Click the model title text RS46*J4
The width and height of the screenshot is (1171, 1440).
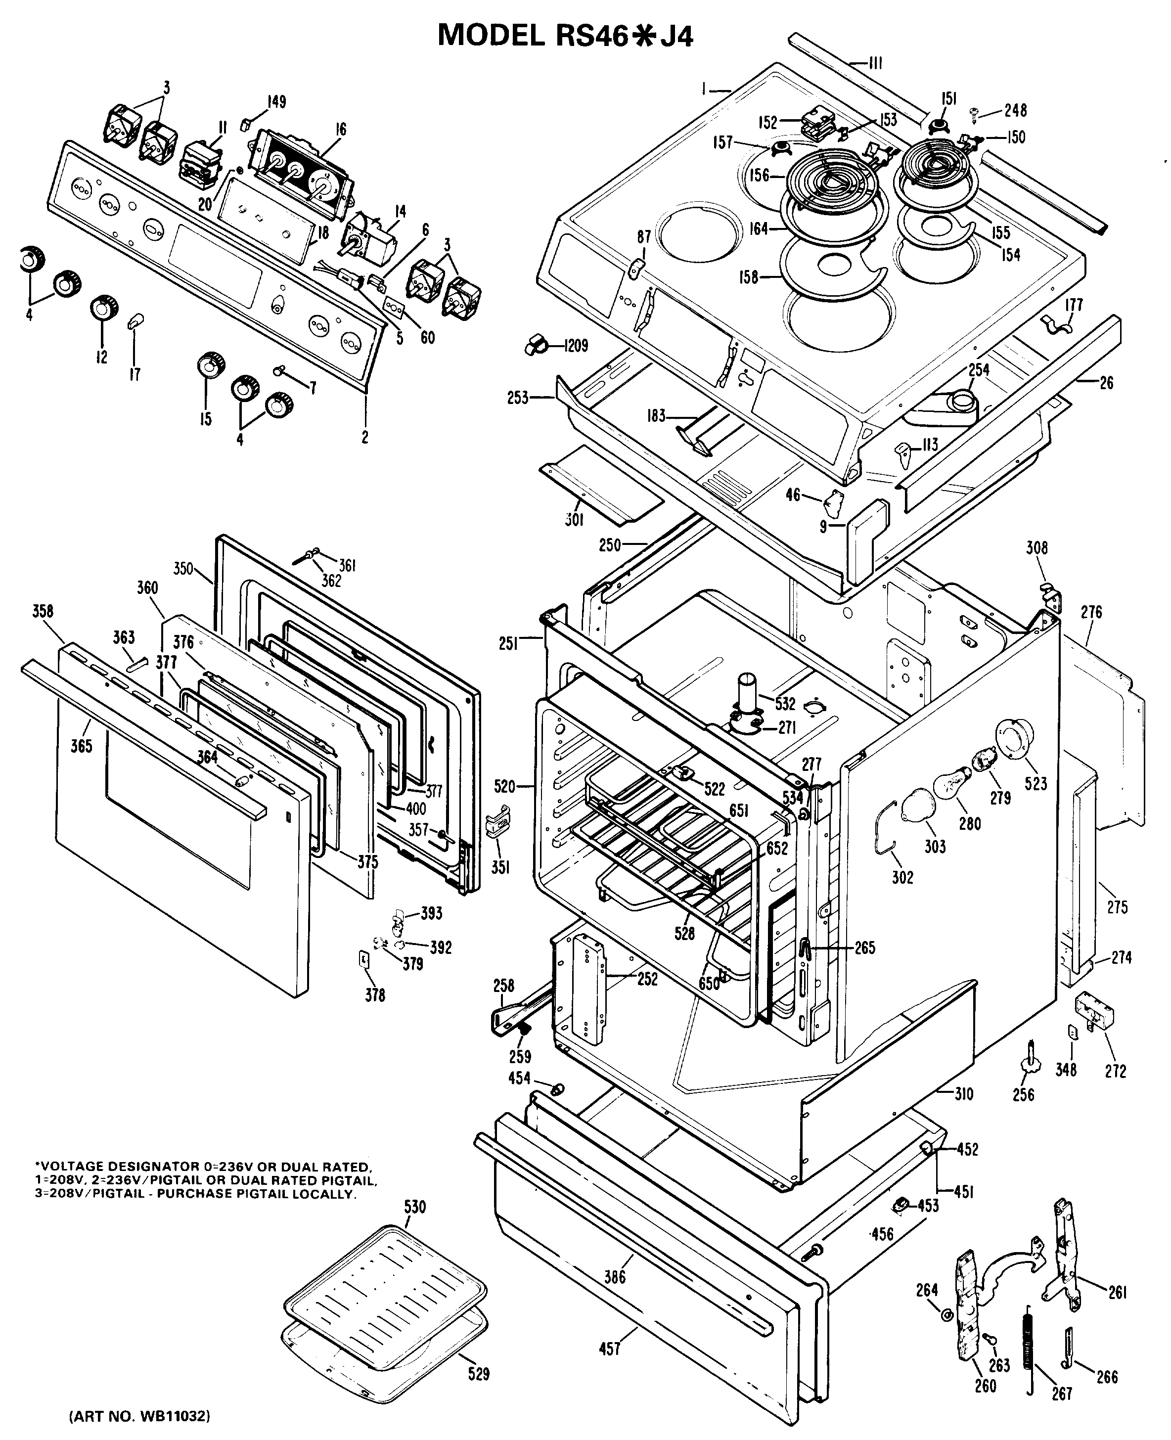[x=565, y=36]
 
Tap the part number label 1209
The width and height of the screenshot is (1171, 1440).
[x=576, y=346]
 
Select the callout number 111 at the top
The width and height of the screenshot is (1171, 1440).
[x=875, y=64]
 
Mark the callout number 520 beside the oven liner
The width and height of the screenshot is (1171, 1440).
[x=504, y=786]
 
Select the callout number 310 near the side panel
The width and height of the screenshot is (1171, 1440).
[x=964, y=1093]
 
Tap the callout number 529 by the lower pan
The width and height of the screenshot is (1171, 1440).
[x=478, y=1373]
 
